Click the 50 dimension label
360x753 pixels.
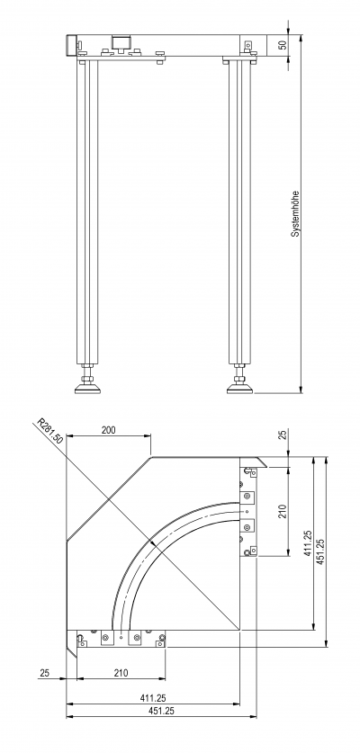pyautogui.click(x=283, y=45)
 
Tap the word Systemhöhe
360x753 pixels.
pyautogui.click(x=295, y=214)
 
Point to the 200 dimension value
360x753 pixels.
pyautogui.click(x=109, y=430)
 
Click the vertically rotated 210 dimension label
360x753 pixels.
pyautogui.click(x=283, y=511)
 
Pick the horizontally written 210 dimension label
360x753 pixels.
pyautogui.click(x=121, y=673)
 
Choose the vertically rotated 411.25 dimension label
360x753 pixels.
pyautogui.click(x=309, y=543)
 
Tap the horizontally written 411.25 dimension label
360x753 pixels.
pyautogui.click(x=153, y=698)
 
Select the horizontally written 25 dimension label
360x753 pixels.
pyautogui.click(x=44, y=673)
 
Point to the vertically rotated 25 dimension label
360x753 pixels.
pyautogui.click(x=283, y=435)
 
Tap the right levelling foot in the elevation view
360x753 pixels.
pyautogui.click(x=239, y=381)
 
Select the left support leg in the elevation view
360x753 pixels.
pyautogui.click(x=87, y=212)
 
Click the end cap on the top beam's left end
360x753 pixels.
pyautogui.click(x=72, y=46)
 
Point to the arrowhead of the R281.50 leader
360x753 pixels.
pyautogui.click(x=153, y=543)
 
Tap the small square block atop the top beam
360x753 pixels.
pyautogui.click(x=121, y=41)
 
